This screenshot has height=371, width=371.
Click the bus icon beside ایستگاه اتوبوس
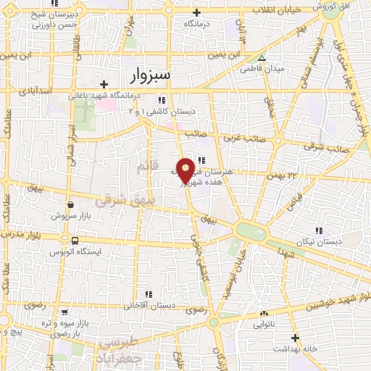(75, 240)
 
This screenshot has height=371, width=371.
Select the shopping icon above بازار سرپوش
(70, 205)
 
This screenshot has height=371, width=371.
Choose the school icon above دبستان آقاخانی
(149, 294)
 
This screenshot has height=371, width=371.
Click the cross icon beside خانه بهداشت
(295, 338)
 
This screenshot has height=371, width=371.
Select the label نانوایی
(263, 325)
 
